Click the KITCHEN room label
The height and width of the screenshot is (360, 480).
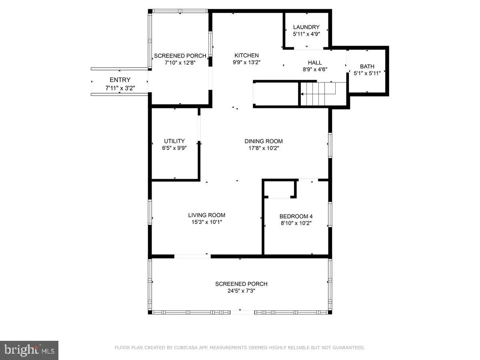coord(246,56)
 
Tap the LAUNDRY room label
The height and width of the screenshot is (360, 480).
coord(306,27)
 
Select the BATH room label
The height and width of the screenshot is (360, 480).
coord(367,66)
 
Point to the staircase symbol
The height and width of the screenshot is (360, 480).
coord(322,94)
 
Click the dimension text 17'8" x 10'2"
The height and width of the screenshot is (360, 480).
coord(264,148)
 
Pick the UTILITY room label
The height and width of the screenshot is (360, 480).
coord(174,141)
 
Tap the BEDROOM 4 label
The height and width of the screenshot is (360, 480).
coord(296,216)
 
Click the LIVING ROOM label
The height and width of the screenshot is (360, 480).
coord(207,215)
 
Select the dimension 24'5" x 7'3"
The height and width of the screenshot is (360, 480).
coord(241,291)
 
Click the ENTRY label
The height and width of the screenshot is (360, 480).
coord(120,80)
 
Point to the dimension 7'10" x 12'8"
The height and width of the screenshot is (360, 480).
coord(180,63)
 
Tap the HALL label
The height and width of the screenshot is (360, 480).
coord(315,62)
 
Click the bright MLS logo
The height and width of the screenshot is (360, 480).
coord(29,350)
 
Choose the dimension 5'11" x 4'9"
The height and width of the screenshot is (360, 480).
coord(306,34)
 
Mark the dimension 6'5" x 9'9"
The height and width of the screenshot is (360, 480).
coord(174,148)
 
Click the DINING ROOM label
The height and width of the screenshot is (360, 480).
coord(264,141)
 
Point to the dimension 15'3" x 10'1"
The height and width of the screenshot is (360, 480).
coord(207,222)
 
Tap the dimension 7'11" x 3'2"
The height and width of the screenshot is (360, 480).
coord(120,87)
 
